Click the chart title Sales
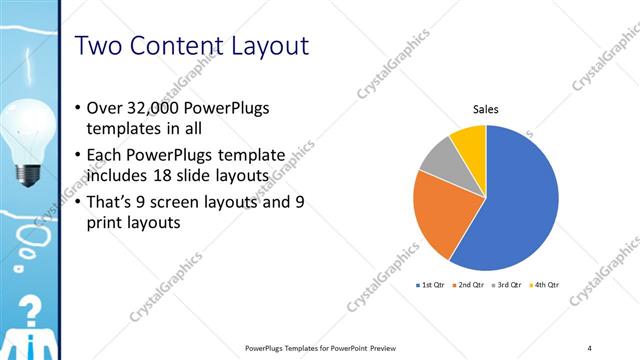coord(486,110)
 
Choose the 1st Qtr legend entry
coord(430,285)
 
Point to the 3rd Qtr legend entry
coord(507,285)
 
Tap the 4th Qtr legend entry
coord(545,285)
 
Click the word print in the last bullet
coord(106,223)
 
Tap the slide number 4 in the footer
coord(590,347)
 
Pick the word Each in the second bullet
coord(107,155)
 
